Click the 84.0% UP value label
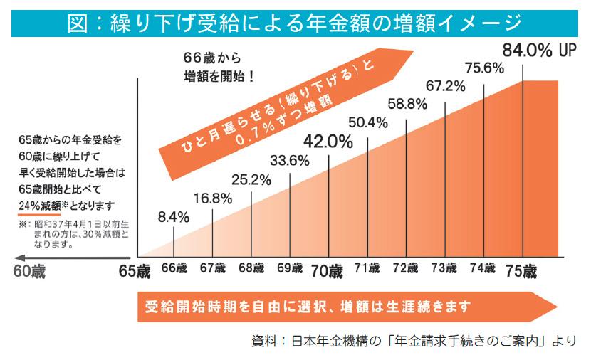(538, 51)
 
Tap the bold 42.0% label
(329, 141)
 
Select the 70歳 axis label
(328, 271)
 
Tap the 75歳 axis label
(523, 271)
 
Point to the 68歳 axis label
(251, 269)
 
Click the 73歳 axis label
(444, 269)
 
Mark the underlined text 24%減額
(41, 206)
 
